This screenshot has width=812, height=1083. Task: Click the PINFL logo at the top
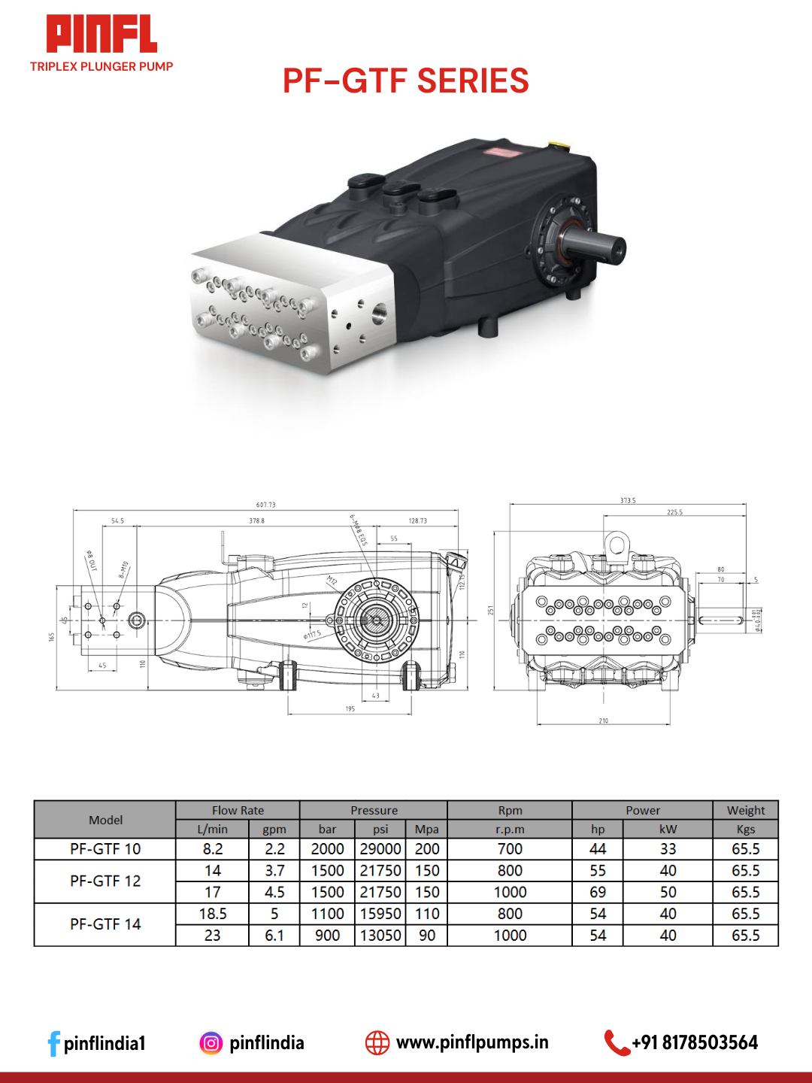click(101, 35)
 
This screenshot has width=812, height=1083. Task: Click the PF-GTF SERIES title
click(405, 81)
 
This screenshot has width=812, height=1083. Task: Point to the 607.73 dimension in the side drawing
click(265, 505)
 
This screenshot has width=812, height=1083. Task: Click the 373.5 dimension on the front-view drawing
click(628, 500)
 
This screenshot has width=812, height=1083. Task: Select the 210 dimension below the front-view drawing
click(603, 720)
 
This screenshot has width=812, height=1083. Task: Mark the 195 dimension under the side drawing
click(350, 708)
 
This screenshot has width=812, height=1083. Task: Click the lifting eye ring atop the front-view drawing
click(617, 543)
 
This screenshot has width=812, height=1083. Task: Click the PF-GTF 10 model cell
click(105, 849)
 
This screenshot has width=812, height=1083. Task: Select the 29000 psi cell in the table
click(380, 849)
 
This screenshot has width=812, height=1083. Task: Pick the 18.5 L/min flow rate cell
click(213, 914)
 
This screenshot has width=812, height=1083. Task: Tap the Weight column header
click(745, 810)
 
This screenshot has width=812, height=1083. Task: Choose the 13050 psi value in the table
click(380, 936)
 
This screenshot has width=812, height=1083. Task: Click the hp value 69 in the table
click(598, 892)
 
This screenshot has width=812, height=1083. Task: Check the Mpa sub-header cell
click(426, 829)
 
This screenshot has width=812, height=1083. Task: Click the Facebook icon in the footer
click(53, 1043)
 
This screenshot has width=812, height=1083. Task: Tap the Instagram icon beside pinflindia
click(211, 1043)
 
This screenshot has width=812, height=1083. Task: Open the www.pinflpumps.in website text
click(472, 1042)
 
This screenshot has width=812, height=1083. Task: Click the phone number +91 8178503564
click(695, 1042)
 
